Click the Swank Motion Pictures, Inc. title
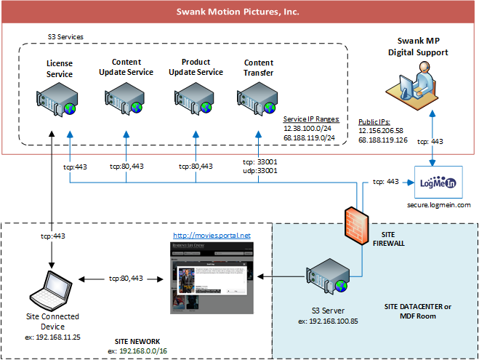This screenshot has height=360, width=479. tap(238, 12)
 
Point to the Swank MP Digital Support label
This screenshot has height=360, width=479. tap(417, 47)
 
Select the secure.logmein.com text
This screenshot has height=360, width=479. tap(439, 206)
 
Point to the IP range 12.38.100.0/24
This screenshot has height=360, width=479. tap(306, 127)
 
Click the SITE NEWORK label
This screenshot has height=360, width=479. tap(138, 340)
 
